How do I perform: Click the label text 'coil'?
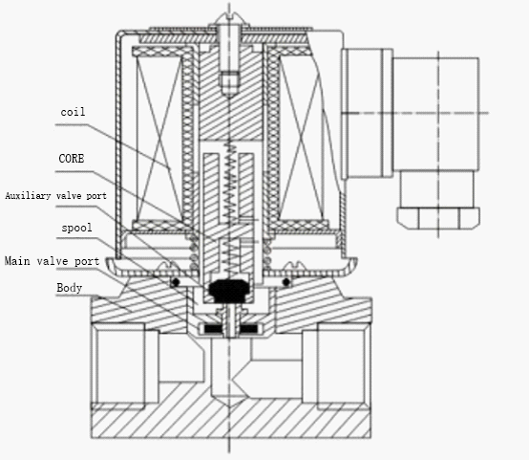click(x=73, y=112)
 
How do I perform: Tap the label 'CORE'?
click(x=72, y=158)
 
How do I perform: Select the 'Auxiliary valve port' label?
click(x=55, y=196)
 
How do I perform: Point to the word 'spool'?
click(x=76, y=228)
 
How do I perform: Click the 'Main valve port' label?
click(x=52, y=261)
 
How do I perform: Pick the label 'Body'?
click(x=69, y=288)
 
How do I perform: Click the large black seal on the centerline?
click(x=229, y=291)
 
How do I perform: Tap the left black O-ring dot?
click(x=176, y=281)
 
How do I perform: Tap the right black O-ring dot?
click(x=286, y=281)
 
